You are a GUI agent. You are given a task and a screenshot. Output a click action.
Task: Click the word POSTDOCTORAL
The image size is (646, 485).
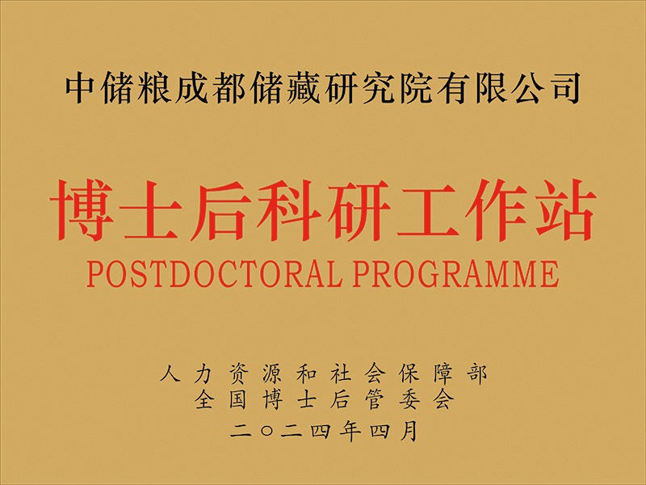click(x=214, y=273)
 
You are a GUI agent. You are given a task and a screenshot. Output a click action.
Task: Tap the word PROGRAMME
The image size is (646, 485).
click(x=455, y=273)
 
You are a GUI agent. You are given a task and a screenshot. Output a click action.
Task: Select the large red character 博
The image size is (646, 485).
click(x=82, y=210)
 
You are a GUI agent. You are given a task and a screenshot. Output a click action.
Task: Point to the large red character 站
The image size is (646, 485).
click(x=564, y=210)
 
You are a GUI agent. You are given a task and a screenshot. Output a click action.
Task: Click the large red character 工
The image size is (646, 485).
click(x=427, y=211)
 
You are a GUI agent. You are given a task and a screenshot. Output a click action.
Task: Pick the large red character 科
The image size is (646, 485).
click(x=289, y=210)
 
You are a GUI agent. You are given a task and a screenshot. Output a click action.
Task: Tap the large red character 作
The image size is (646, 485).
click(x=496, y=210)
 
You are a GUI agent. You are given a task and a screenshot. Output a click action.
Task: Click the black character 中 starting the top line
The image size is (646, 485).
click(x=80, y=88)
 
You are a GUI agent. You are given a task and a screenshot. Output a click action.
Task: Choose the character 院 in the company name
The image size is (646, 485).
click(x=415, y=88)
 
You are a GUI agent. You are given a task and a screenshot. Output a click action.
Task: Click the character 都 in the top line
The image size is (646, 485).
click(x=228, y=88)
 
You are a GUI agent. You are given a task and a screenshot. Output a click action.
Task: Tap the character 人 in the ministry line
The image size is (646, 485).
click(x=170, y=374)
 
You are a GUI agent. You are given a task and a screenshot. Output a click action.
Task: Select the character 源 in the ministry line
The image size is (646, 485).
click(x=272, y=374)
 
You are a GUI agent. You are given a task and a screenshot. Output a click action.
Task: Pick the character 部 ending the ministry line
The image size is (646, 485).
click(x=477, y=374)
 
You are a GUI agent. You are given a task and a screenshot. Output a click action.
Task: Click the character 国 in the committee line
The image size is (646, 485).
click(x=237, y=399)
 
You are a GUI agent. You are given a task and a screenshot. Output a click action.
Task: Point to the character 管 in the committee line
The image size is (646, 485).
click(x=374, y=399)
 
